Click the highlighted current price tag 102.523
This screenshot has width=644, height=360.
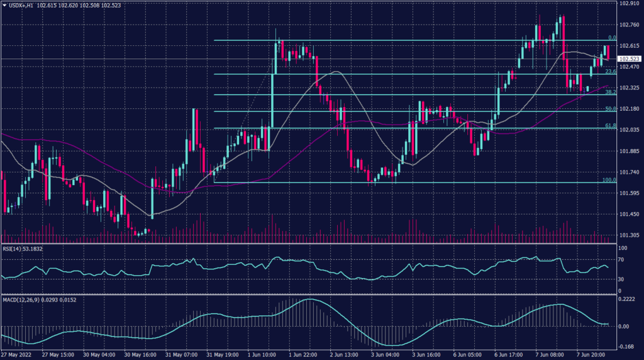tap(629, 59)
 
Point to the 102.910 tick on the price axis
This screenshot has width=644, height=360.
tap(629, 4)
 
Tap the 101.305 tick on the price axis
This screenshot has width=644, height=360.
tap(629, 235)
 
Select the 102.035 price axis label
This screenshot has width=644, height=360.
tap(629, 130)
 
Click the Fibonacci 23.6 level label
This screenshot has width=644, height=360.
tap(609, 72)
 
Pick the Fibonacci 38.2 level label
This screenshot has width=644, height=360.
tap(609, 92)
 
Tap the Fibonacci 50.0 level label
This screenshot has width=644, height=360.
tap(609, 109)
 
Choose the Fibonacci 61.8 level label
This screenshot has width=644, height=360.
tap(609, 126)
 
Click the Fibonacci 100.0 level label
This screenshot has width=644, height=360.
tap(608, 180)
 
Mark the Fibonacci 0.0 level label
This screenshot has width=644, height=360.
tap(611, 38)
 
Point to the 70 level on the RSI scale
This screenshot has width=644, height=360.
tap(621, 259)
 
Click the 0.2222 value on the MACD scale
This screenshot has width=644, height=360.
tap(626, 299)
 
